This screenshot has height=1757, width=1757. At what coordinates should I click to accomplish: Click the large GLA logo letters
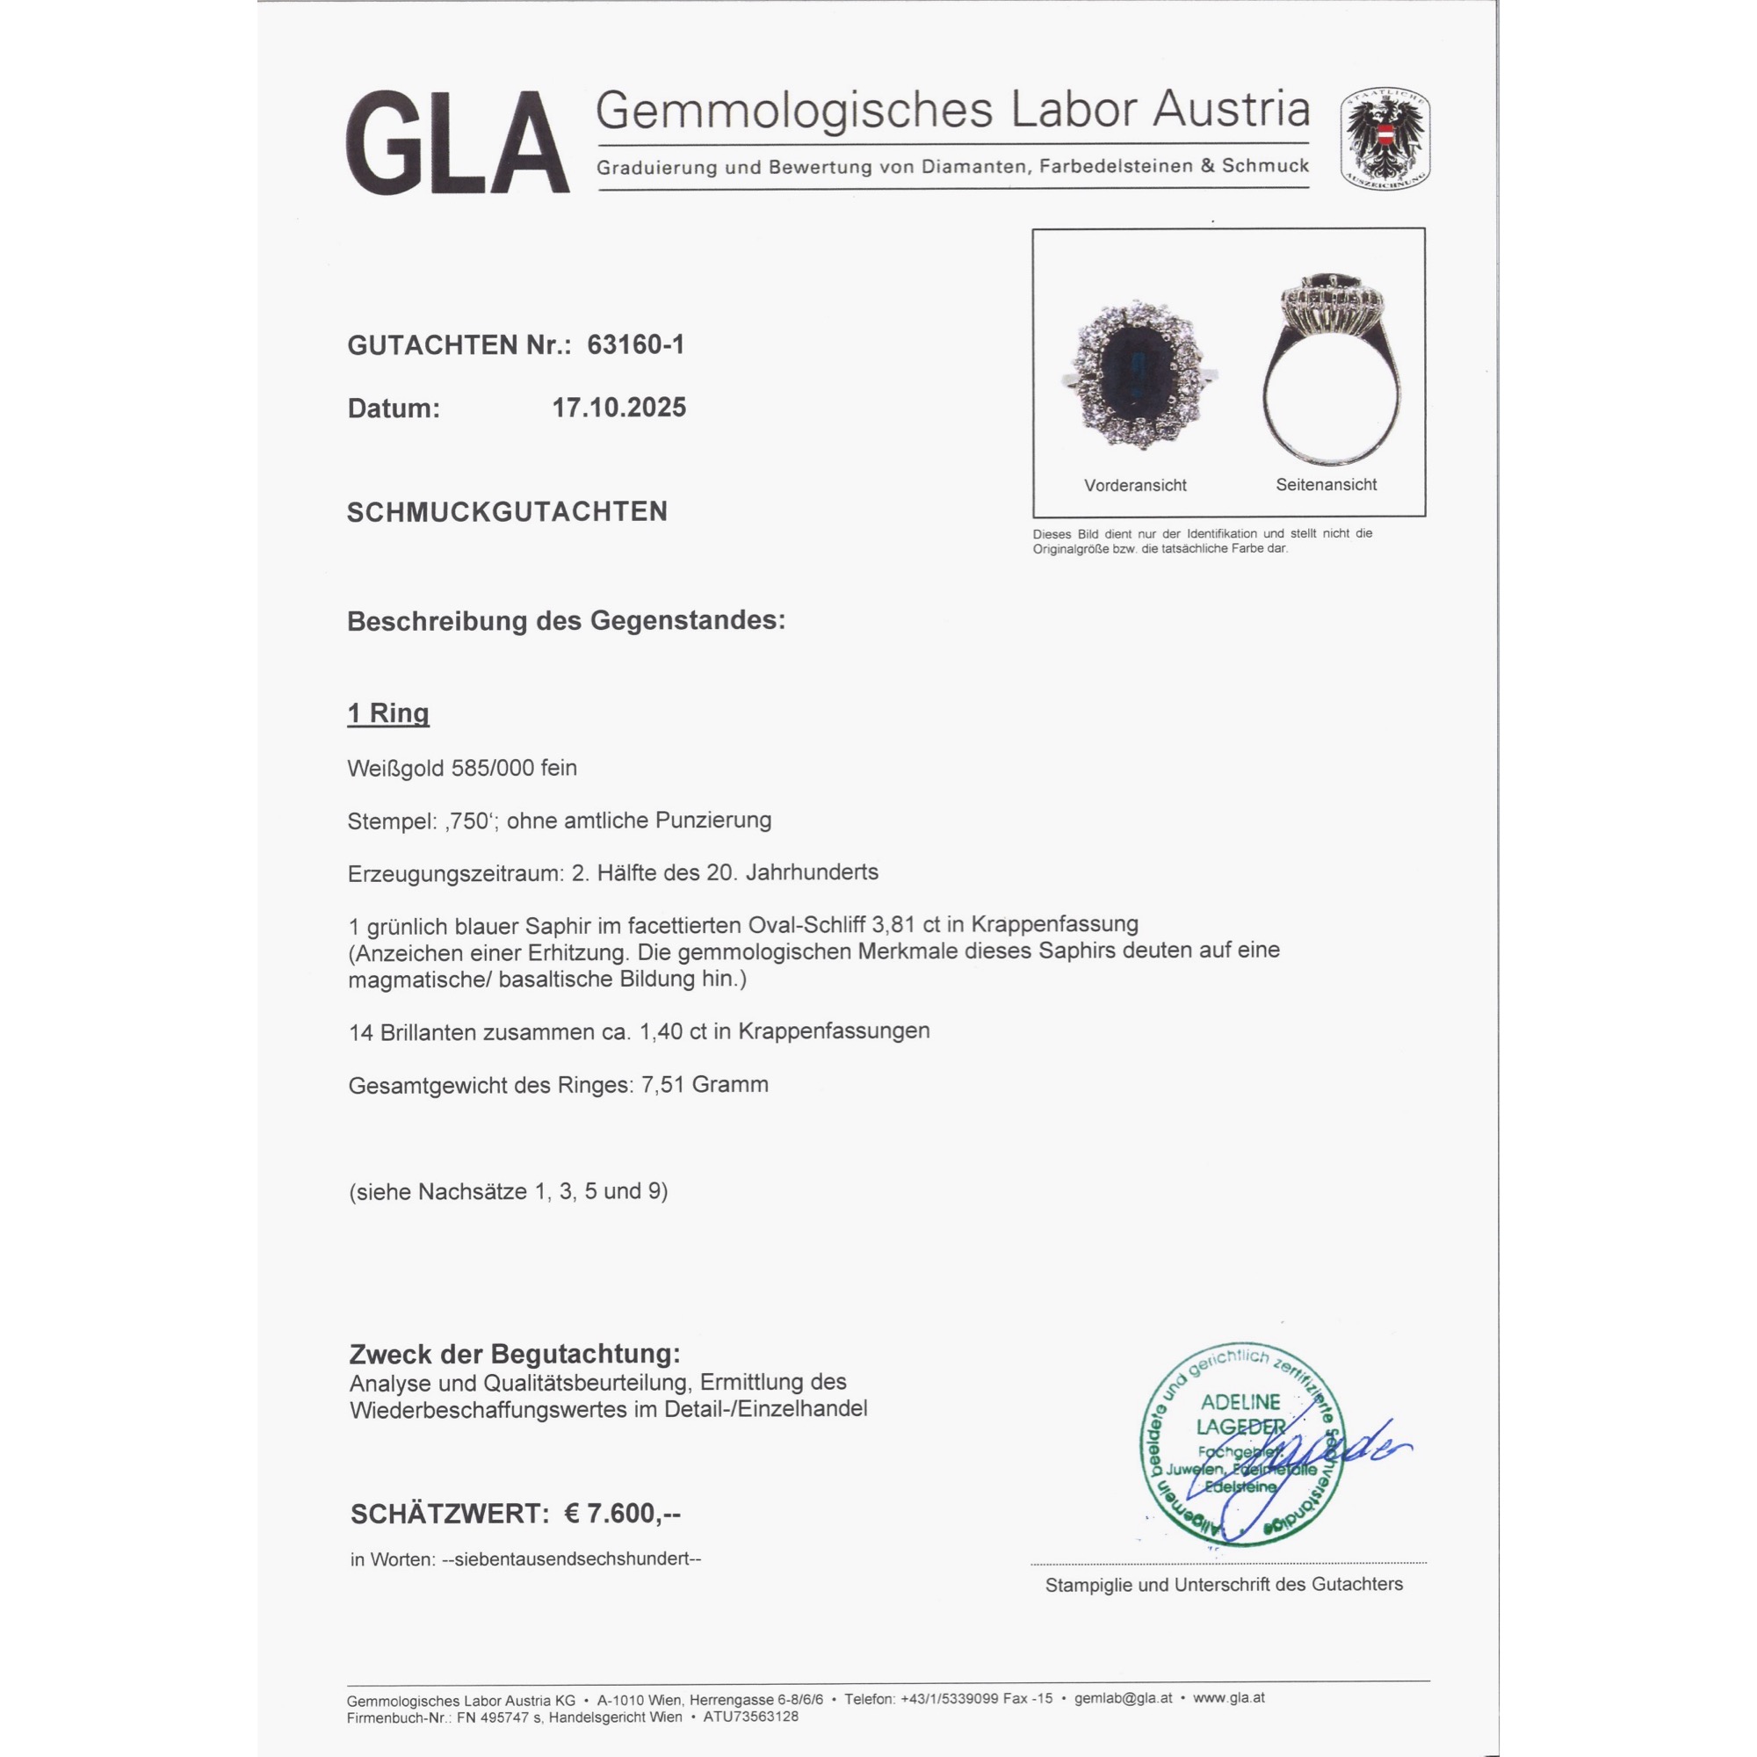coord(457,143)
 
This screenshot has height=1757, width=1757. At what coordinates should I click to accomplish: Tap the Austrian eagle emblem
coord(1385,139)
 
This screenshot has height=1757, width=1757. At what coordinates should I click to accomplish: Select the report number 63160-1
coord(636,344)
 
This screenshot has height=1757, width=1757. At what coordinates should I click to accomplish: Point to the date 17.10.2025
coord(619,408)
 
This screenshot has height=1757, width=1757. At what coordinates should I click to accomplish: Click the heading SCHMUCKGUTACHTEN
coord(507,512)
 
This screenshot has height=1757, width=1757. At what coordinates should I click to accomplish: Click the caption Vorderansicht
coord(1135,486)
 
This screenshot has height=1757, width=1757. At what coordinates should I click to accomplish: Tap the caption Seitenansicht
coord(1326,485)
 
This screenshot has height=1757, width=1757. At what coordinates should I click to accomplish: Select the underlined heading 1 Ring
coord(388,713)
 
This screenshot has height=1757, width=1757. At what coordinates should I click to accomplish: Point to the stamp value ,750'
coord(469,821)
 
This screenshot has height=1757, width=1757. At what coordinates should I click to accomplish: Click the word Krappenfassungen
coord(833,1031)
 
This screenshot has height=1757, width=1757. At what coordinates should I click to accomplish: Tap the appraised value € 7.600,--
coord(622,1514)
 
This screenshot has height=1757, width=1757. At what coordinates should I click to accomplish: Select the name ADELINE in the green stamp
coord(1240,1402)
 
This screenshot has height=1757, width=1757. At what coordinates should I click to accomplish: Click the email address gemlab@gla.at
coord(1123,1698)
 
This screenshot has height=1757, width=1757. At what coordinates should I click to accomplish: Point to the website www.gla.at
coord(1229,1698)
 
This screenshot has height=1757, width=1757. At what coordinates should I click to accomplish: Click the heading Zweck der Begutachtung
coord(514,1354)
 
